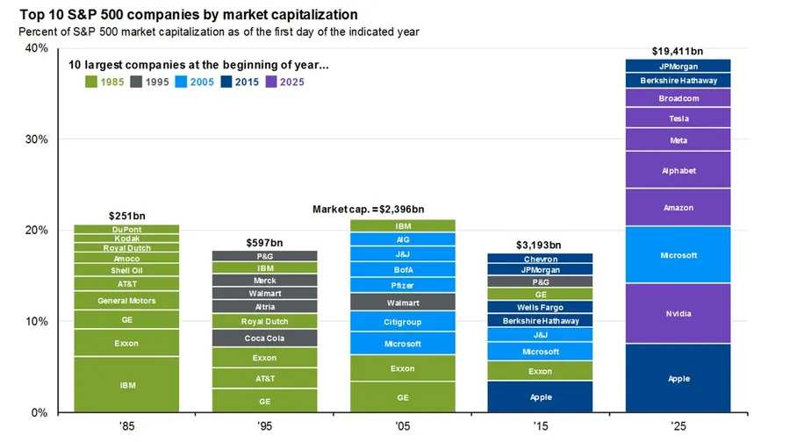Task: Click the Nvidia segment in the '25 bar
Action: tap(678, 313)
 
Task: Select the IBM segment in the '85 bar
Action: tap(126, 384)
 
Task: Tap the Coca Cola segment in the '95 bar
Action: tap(265, 338)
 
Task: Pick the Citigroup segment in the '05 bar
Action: tap(403, 322)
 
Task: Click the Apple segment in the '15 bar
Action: tap(541, 396)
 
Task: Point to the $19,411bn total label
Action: tap(678, 51)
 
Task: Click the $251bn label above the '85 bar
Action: tap(126, 216)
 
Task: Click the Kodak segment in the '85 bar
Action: tap(126, 238)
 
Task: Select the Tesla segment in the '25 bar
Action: tap(678, 118)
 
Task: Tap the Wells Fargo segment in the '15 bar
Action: tap(541, 308)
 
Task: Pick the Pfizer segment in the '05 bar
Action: tap(403, 285)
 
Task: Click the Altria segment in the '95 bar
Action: tap(265, 307)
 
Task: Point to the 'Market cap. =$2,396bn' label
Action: tap(368, 210)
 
